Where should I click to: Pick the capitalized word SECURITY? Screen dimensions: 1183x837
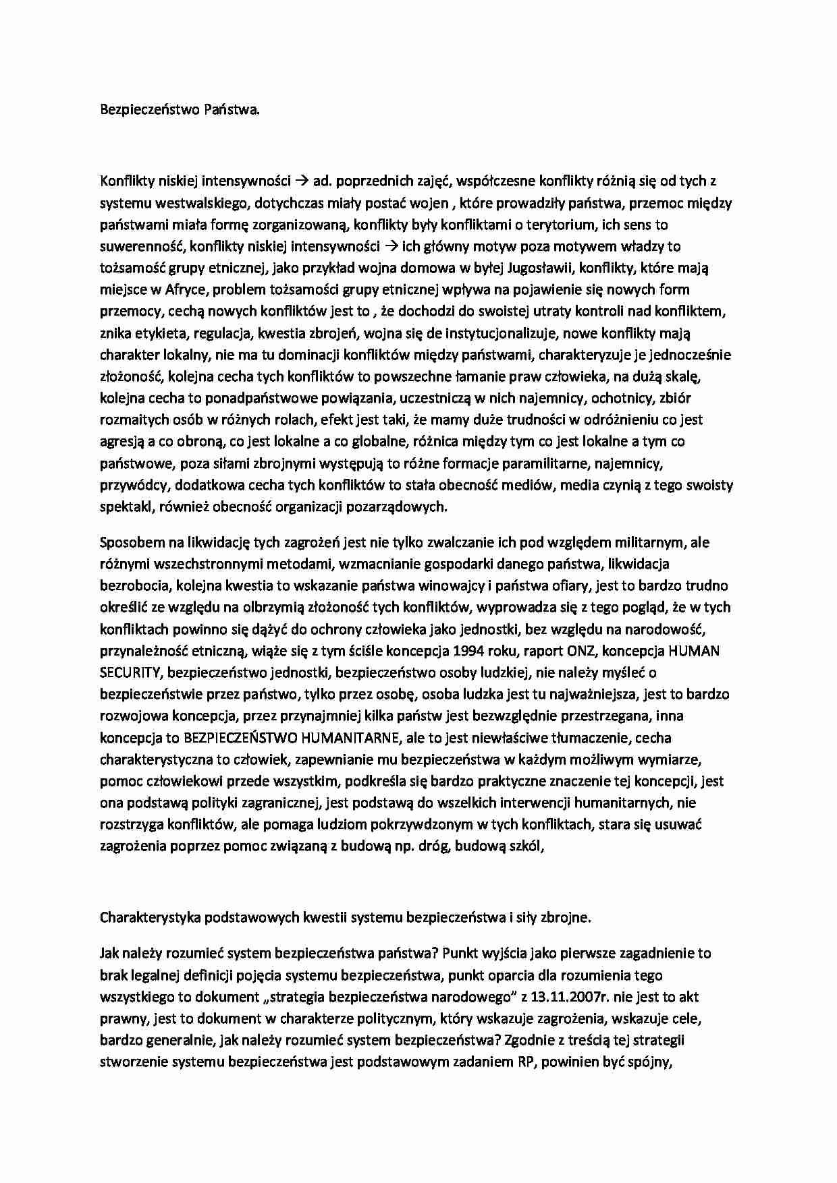tap(130, 672)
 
